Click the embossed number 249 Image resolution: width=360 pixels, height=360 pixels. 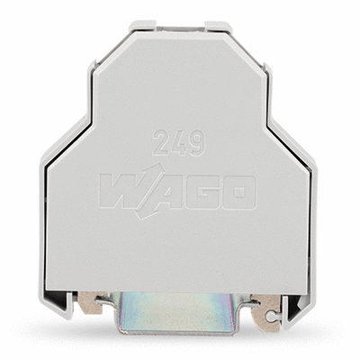179,143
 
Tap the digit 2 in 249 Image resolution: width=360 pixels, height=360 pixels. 161,143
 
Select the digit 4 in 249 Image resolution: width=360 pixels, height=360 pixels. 178,143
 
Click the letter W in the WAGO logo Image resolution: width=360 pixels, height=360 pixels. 123,191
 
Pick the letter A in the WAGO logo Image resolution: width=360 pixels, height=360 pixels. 160,192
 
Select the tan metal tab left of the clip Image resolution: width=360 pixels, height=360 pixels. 92,305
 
